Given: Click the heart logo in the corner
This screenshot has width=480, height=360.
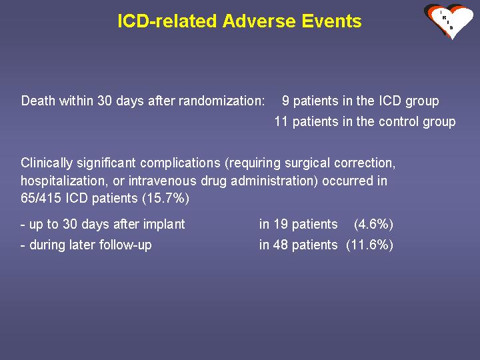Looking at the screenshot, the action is [x=449, y=21].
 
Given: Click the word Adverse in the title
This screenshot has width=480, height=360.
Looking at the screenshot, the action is [x=259, y=21].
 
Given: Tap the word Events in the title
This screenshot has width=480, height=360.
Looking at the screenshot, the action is [x=331, y=21].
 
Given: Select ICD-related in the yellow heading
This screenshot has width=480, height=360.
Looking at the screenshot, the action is [x=167, y=21].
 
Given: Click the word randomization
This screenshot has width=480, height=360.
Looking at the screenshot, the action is [x=221, y=101].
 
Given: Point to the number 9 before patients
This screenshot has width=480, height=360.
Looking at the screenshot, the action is [x=285, y=101].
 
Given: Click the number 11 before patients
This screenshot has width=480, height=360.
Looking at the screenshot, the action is [x=281, y=121].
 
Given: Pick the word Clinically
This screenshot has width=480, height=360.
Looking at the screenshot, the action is [x=47, y=163].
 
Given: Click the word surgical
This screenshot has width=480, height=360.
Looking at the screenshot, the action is [x=307, y=163].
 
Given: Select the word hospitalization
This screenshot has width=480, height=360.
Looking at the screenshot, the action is [x=64, y=181].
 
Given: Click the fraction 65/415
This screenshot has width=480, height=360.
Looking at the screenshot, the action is [x=41, y=198].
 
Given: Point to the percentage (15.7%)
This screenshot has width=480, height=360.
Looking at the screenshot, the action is [x=165, y=198].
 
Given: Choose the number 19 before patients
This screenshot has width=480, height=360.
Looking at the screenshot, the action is [x=281, y=224].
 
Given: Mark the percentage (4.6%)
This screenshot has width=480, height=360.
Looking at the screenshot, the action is [x=373, y=224].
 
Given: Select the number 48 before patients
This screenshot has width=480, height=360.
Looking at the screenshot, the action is [x=281, y=245].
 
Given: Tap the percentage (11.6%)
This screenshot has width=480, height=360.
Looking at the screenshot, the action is [x=370, y=245].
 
